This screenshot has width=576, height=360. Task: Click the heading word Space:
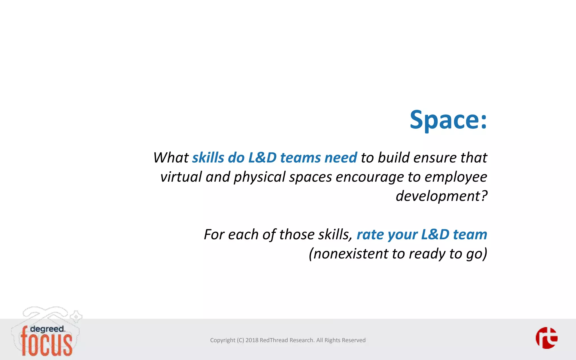coord(448,120)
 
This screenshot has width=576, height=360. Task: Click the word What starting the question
coord(171,157)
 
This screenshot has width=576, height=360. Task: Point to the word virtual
coord(181,177)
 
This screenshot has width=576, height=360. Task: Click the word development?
coord(441,196)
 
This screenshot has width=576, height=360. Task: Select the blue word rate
coord(370,235)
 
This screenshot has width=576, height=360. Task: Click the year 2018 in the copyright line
coord(252,340)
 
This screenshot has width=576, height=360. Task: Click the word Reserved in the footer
coord(354,340)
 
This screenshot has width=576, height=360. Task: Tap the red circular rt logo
coord(546,338)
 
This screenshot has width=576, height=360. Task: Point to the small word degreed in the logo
coord(47,329)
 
